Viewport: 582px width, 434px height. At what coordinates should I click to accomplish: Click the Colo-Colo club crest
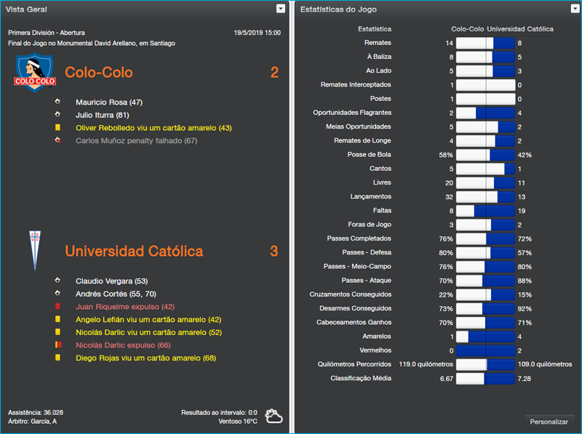pyautogui.click(x=30, y=73)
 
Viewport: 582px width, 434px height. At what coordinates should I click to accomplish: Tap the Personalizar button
pyautogui.click(x=549, y=422)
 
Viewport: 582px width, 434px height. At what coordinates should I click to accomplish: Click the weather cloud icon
pyautogui.click(x=274, y=417)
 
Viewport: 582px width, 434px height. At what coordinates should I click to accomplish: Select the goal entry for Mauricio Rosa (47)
pyautogui.click(x=109, y=103)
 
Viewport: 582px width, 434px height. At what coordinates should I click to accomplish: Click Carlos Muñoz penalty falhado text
pyautogui.click(x=137, y=140)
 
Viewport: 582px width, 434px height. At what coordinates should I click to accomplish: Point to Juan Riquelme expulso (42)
pyautogui.click(x=125, y=307)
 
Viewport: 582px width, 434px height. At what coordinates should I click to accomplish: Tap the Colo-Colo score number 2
pyautogui.click(x=274, y=73)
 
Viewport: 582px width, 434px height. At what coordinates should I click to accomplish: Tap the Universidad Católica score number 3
pyautogui.click(x=274, y=252)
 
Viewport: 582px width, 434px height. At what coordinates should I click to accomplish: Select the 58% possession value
pyautogui.click(x=445, y=155)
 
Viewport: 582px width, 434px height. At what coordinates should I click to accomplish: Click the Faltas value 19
pyautogui.click(x=522, y=211)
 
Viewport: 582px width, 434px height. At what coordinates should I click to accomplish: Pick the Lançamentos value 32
pyautogui.click(x=448, y=197)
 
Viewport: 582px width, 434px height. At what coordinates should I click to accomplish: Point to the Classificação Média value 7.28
pyautogui.click(x=525, y=379)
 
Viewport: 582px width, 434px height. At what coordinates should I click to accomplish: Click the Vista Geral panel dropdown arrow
pyautogui.click(x=281, y=9)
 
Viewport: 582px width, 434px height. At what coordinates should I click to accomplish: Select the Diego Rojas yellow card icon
pyautogui.click(x=57, y=358)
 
